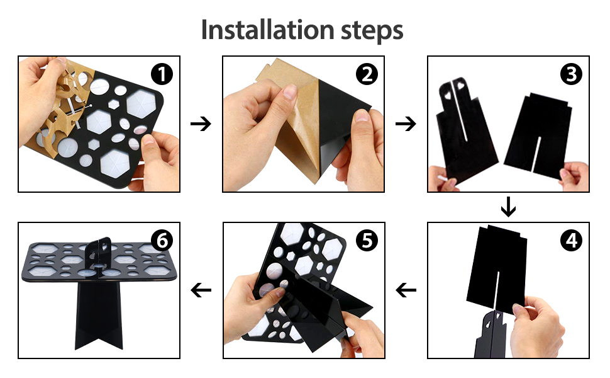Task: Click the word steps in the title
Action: pyautogui.click(x=372, y=31)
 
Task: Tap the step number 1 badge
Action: pyautogui.click(x=162, y=74)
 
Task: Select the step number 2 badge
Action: pyautogui.click(x=367, y=74)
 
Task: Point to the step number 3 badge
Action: pyautogui.click(x=572, y=74)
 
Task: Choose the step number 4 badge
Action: pyautogui.click(x=572, y=241)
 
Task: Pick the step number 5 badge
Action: pyautogui.click(x=367, y=241)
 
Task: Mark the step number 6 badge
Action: pyautogui.click(x=162, y=241)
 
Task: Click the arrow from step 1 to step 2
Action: pyautogui.click(x=201, y=124)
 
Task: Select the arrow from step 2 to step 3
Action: pyautogui.click(x=406, y=124)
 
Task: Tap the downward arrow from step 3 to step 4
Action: pyautogui.click(x=509, y=207)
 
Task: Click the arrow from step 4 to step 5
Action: pyautogui.click(x=406, y=290)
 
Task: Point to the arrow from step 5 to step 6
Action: pyautogui.click(x=201, y=290)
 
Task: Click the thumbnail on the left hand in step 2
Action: pyautogui.click(x=290, y=93)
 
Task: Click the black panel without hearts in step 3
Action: pyautogui.click(x=539, y=135)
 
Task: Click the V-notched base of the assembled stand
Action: pyautogui.click(x=99, y=315)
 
